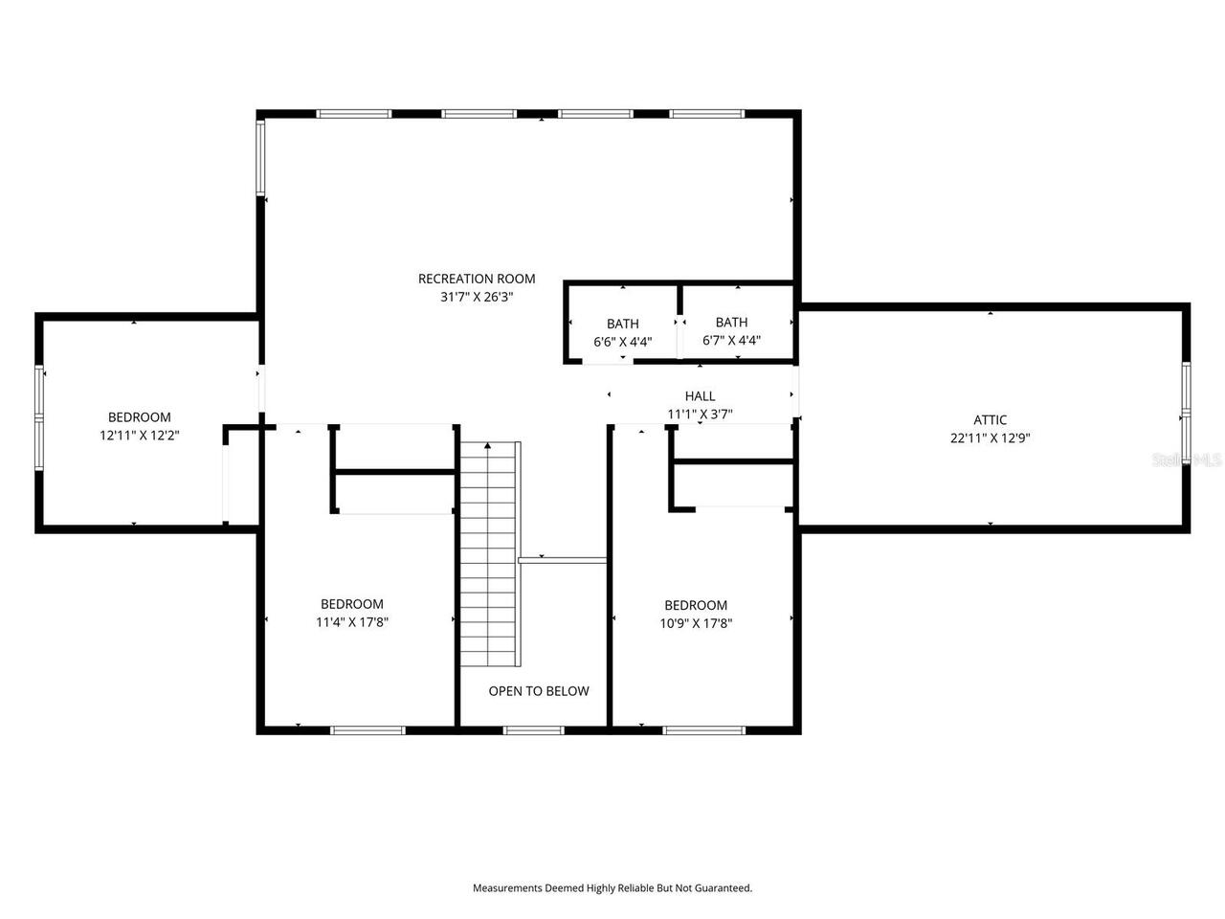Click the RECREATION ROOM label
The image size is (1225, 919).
pos(477,279)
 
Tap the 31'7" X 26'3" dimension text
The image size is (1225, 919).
pos(477,297)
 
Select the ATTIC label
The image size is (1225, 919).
pos(990,419)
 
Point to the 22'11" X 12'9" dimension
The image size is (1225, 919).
pos(990,437)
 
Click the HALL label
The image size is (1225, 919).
pos(700,395)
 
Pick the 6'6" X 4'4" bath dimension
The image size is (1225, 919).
pos(623,341)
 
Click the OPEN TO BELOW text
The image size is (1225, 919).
pos(539,691)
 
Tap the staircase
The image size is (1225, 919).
pos(490,555)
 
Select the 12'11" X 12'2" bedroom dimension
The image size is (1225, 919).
pos(140,435)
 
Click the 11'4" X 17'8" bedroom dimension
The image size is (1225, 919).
pos(352,621)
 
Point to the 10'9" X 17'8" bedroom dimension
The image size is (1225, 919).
pos(696,622)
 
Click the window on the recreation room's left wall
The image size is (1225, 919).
pos(260,158)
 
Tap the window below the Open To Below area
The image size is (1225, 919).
pos(534,730)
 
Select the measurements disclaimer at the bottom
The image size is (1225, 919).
pos(612,887)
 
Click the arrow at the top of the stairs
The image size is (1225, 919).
pos(488,446)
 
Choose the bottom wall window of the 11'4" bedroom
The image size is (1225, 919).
pos(367,730)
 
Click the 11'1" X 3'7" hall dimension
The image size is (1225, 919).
pos(700,414)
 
